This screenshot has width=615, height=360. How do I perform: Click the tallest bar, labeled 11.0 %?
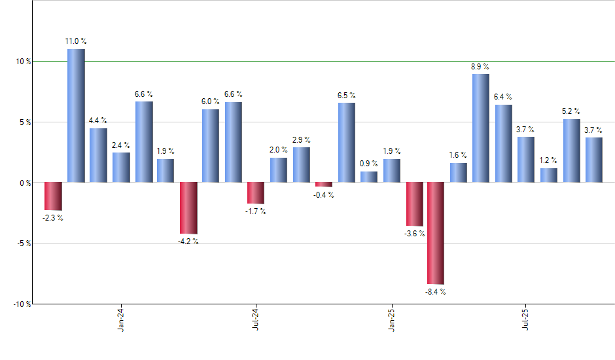[76, 115]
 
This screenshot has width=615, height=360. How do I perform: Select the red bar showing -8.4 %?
[436, 233]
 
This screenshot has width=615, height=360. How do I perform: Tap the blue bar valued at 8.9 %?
[481, 128]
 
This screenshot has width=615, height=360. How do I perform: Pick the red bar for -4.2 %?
[188, 207]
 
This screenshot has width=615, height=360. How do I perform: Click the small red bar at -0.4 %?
[324, 185]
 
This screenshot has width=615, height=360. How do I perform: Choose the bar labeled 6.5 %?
[347, 142]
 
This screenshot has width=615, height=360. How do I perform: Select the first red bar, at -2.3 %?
[53, 196]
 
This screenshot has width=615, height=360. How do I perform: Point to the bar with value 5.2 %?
[571, 151]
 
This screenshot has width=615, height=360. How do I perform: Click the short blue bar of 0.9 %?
[369, 177]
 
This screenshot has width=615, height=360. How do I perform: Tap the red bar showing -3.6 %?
[414, 204]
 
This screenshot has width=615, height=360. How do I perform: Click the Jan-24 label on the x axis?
[121, 319]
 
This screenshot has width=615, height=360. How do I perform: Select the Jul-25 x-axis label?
[526, 319]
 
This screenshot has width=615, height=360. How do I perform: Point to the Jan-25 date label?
[392, 319]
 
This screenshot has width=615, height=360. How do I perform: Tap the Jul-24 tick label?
[256, 319]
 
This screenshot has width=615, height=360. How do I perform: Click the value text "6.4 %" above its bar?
[503, 97]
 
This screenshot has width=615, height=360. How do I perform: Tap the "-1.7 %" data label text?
[256, 212]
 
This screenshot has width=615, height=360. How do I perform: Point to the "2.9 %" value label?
[302, 140]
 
